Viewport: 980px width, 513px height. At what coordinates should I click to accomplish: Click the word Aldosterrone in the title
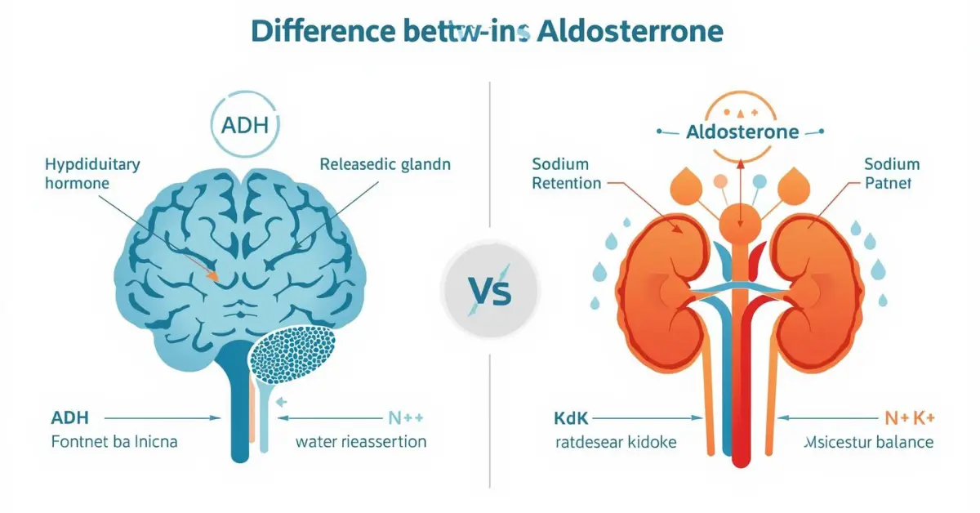630,30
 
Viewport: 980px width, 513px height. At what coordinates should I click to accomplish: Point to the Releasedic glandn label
385,164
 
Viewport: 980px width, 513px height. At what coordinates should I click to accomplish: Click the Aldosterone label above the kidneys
742,132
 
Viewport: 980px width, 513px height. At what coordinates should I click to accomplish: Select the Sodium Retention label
566,173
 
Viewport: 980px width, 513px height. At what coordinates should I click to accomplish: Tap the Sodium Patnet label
892,173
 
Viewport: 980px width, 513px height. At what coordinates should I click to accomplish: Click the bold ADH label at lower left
69,417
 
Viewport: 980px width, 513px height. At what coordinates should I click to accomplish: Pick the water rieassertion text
361,442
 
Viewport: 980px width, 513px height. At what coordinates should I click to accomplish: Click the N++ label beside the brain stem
405,417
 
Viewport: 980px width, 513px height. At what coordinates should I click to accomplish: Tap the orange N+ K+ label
910,418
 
